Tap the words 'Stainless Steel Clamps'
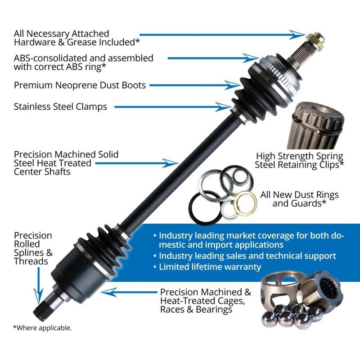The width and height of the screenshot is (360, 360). [x=60, y=107]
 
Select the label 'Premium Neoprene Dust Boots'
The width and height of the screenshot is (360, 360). [x=80, y=85]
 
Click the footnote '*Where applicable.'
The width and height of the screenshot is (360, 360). [x=42, y=328]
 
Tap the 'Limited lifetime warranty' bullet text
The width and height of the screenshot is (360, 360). [x=210, y=267]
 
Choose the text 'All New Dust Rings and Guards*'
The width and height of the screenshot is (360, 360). [x=299, y=199]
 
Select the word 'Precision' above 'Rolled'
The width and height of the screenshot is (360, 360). [x=33, y=235]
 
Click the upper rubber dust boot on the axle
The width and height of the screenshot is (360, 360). [x=252, y=90]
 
